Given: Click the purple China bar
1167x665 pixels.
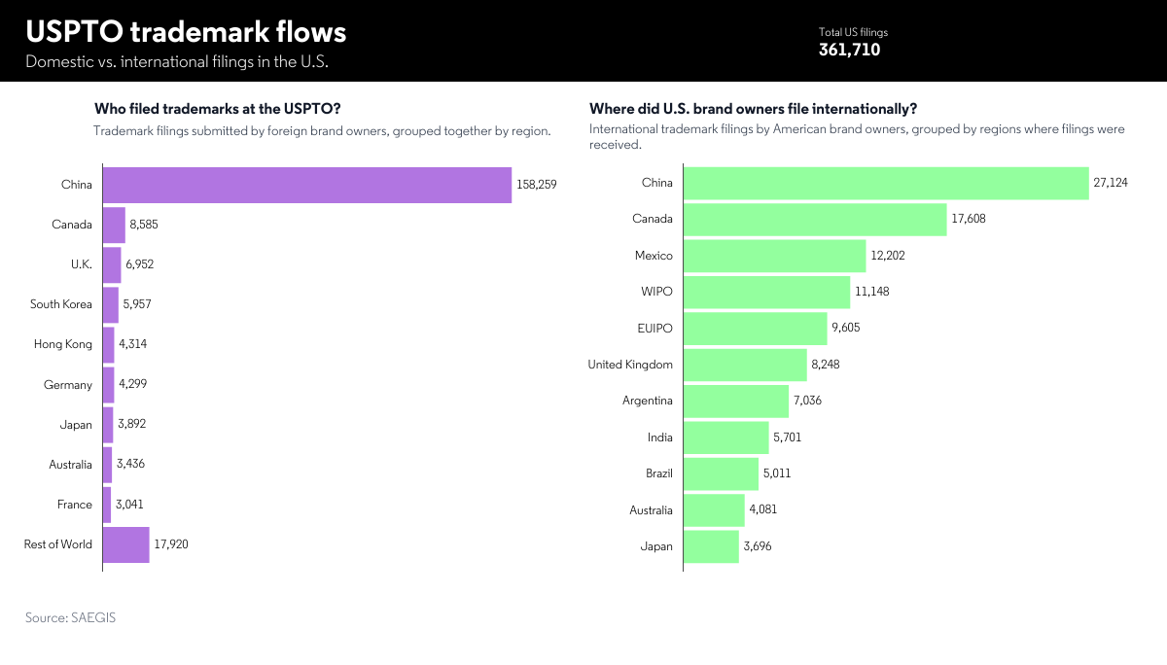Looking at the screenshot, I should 306,185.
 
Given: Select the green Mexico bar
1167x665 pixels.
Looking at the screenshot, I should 774,256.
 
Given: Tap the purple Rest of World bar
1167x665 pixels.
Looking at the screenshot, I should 125,544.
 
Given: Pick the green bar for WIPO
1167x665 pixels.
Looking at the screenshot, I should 766,292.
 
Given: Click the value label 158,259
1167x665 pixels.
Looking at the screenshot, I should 537,185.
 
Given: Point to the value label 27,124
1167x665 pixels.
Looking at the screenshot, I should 1111,183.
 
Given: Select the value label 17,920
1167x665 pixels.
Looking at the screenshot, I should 171,544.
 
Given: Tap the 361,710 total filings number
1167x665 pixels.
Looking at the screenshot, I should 849,50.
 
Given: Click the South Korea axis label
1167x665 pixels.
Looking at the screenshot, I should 61,304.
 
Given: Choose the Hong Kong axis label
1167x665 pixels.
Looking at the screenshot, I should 64,344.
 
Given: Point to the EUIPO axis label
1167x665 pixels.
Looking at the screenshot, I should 654,328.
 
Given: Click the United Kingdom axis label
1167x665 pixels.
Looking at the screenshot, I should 630,365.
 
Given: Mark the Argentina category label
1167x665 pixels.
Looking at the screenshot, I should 647,401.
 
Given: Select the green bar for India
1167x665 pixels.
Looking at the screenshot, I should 725,437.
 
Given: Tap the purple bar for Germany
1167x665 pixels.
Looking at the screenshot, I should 108,385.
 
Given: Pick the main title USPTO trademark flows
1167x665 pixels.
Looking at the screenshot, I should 186,32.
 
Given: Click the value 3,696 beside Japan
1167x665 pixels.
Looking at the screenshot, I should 758,546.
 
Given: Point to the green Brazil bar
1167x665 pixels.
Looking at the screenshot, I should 721,473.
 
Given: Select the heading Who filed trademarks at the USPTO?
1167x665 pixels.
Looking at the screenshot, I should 217,109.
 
